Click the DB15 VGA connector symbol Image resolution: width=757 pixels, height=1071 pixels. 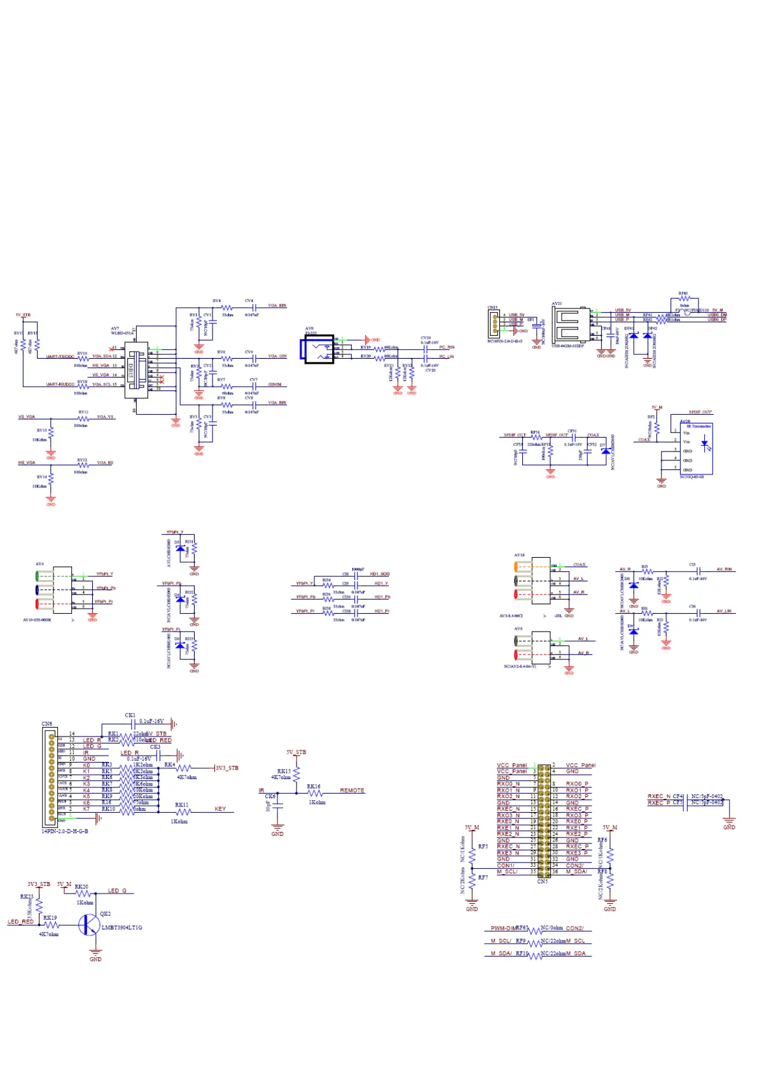point(135,370)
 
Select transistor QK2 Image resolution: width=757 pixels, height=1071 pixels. point(89,924)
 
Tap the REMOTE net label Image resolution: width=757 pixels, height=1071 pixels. point(352,791)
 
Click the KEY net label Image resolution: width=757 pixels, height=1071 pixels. point(220,809)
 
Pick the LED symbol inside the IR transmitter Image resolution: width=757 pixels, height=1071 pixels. point(704,446)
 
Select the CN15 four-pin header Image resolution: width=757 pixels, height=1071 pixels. point(494,325)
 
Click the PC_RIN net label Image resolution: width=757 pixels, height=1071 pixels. point(447,347)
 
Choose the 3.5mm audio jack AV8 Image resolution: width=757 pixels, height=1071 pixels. point(319,349)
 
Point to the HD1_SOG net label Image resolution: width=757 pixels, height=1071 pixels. point(379,574)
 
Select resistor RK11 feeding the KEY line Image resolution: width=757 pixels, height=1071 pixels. point(183,812)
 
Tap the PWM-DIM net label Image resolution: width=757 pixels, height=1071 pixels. point(503,929)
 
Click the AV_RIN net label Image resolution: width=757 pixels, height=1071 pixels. point(724,570)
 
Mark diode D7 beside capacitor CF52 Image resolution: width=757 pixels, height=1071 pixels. point(604,451)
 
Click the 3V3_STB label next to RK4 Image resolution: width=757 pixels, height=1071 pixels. point(227,768)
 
